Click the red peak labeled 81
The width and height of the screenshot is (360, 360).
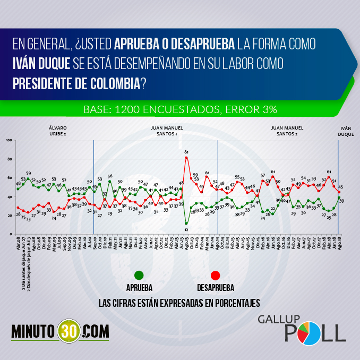[x=186, y=158]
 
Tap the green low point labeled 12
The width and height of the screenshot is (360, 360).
[x=186, y=223]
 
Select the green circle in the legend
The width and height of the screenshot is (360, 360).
[x=139, y=275]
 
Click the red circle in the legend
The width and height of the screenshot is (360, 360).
[x=215, y=275]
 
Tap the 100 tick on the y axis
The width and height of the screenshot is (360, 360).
[x=9, y=140]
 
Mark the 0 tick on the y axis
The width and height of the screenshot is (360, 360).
[x=11, y=234]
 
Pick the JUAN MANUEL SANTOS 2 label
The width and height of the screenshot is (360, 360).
[x=287, y=132]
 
